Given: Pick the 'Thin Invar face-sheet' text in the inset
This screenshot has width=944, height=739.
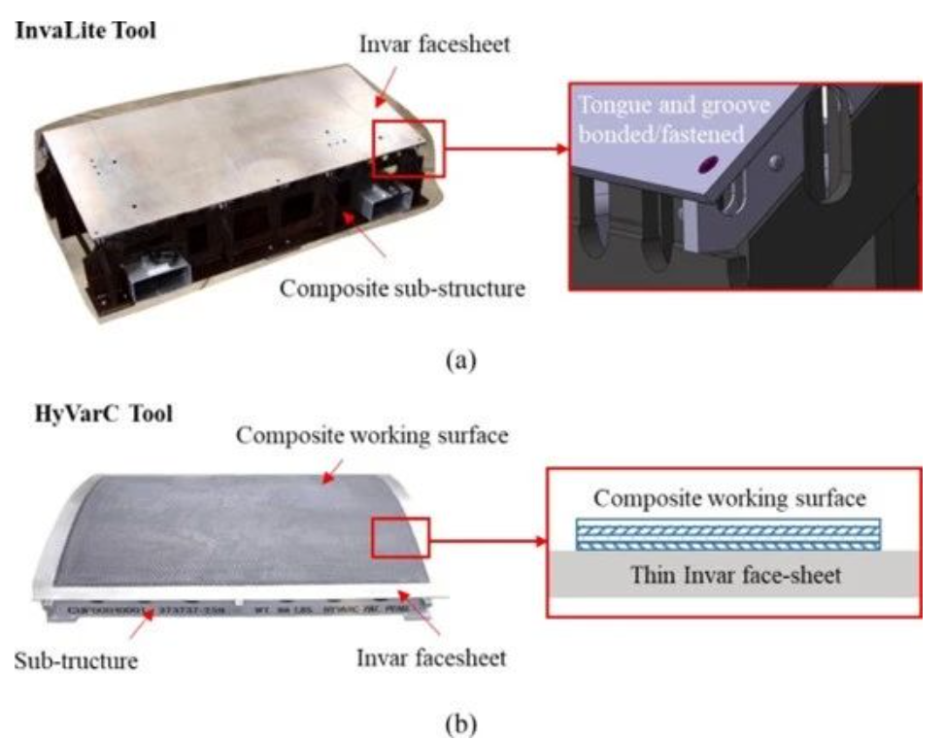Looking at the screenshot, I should tap(729, 575).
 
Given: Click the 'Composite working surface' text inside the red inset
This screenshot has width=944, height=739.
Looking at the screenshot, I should tap(728, 499).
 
